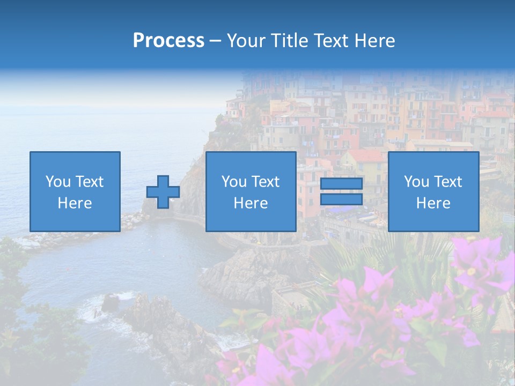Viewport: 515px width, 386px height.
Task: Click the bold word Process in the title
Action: pyautogui.click(x=168, y=41)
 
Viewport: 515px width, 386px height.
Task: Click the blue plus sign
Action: pyautogui.click(x=163, y=192)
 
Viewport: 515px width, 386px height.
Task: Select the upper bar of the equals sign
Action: pyautogui.click(x=341, y=184)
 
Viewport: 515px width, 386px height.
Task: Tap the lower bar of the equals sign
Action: pyautogui.click(x=341, y=199)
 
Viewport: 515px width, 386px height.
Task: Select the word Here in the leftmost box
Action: pyautogui.click(x=75, y=203)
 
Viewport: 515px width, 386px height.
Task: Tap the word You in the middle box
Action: pyautogui.click(x=234, y=182)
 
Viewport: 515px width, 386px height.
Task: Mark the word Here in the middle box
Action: pyautogui.click(x=251, y=203)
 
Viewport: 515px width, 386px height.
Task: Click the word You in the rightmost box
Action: pyautogui.click(x=416, y=182)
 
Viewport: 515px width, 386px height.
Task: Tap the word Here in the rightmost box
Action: pyautogui.click(x=433, y=203)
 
